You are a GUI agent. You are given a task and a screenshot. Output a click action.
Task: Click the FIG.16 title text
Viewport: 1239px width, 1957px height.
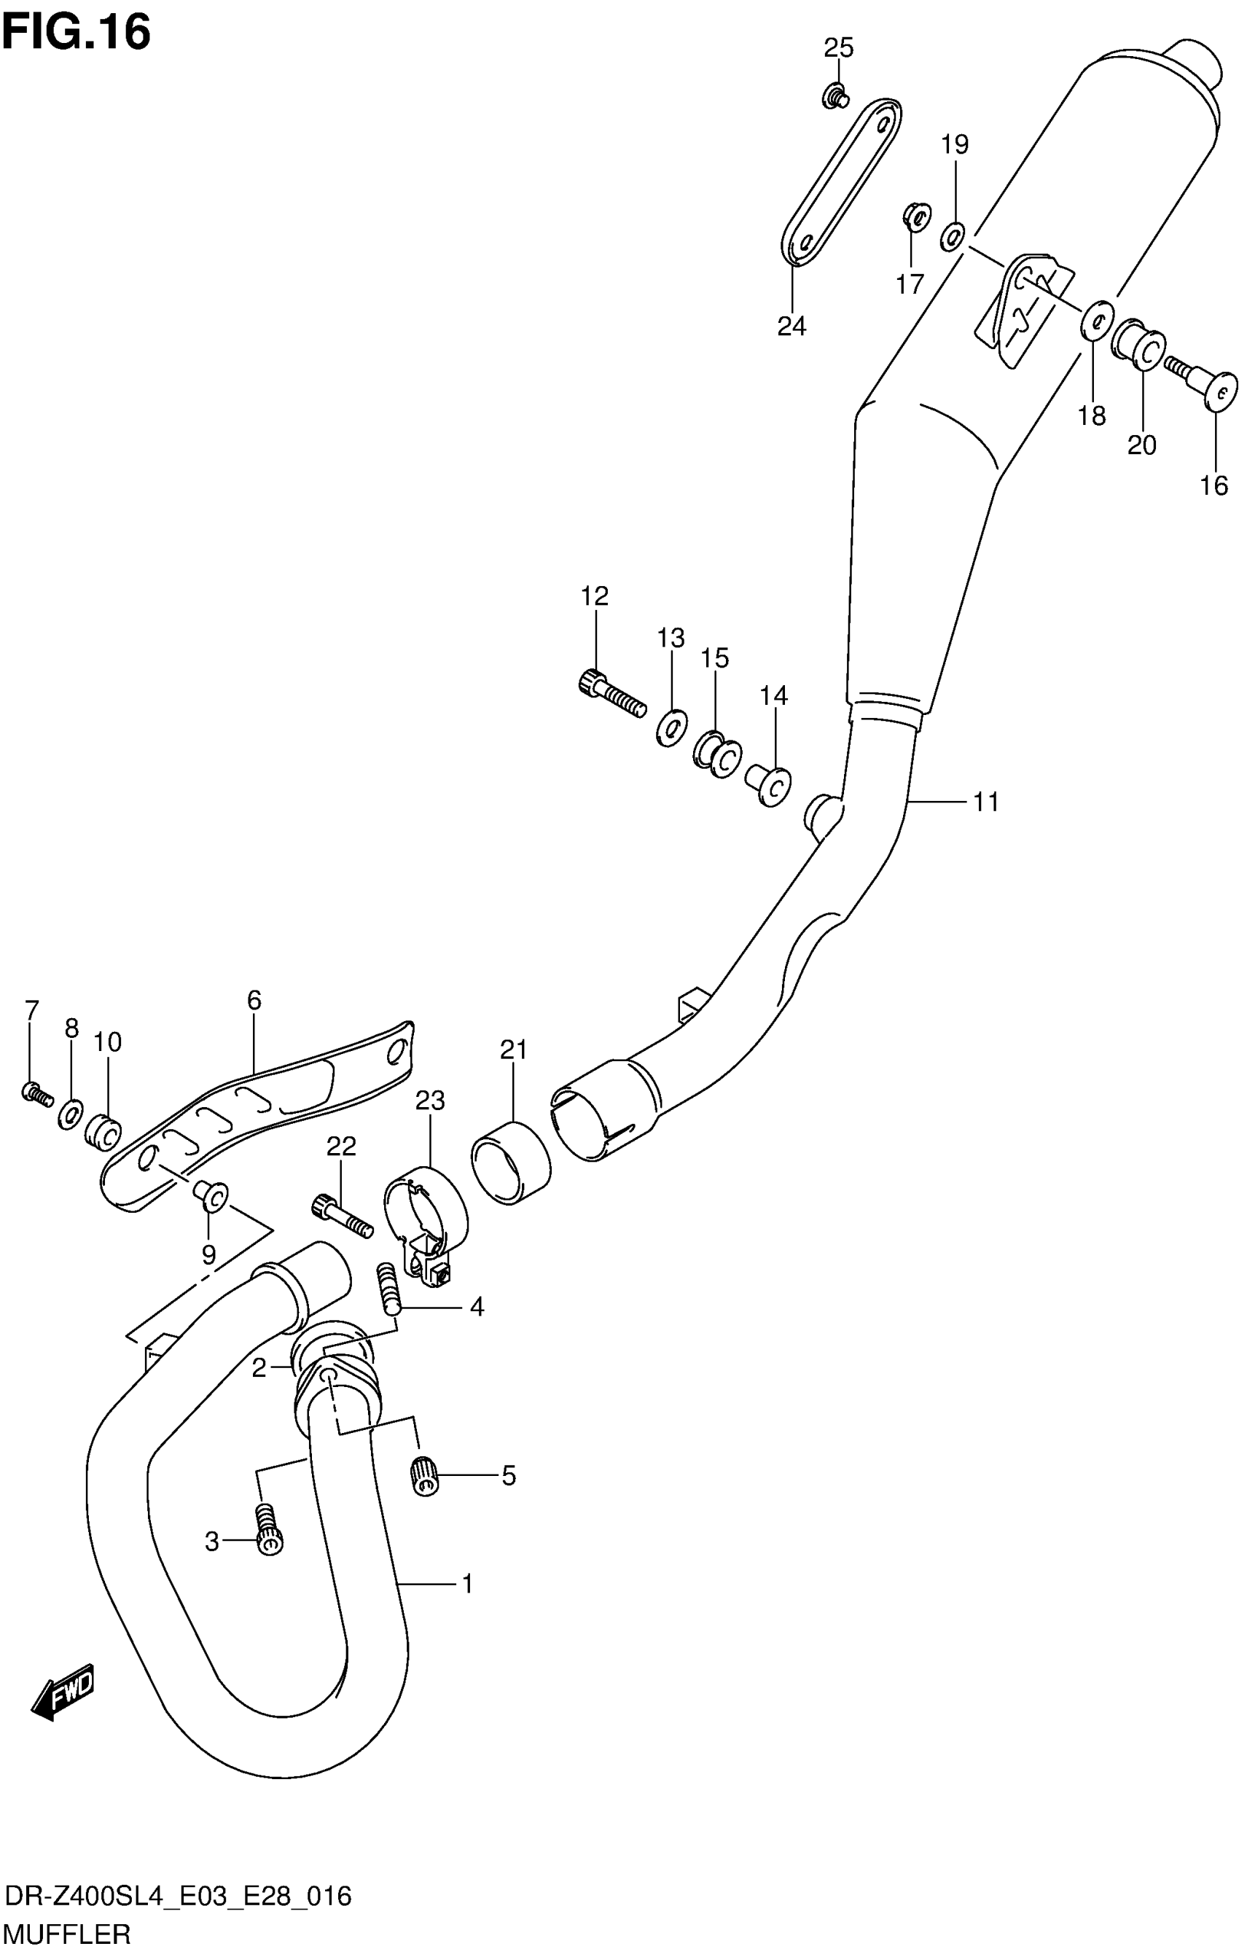(x=77, y=34)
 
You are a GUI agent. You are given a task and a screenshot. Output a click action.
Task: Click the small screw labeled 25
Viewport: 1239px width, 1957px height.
(x=834, y=98)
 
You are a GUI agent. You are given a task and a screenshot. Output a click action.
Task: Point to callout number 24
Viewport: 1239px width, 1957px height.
(x=792, y=326)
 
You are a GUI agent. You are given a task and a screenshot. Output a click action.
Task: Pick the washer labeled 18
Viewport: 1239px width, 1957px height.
(x=1096, y=319)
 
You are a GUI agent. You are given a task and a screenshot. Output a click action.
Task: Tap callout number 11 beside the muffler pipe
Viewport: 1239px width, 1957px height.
(x=985, y=802)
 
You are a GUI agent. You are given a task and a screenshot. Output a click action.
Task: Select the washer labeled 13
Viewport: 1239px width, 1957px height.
(x=671, y=726)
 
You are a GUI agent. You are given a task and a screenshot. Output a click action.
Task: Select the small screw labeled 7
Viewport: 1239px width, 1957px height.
(x=37, y=1094)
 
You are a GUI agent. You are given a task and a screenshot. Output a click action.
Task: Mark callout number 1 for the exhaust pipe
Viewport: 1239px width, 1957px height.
(x=467, y=1583)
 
